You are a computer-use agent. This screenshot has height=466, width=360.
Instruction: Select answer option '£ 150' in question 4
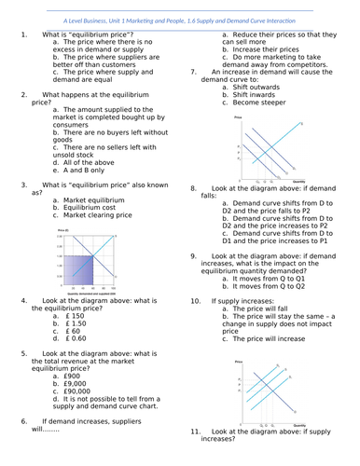point(81,317)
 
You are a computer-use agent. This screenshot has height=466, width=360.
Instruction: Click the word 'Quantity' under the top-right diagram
point(298,180)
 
